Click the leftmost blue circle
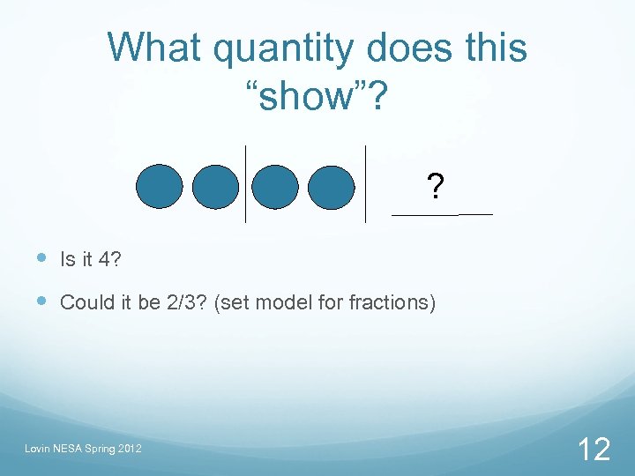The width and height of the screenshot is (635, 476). click(160, 186)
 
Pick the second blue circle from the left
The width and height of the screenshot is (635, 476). click(215, 186)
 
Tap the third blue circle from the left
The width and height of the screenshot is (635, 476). click(275, 186)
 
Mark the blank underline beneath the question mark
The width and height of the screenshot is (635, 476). click(441, 215)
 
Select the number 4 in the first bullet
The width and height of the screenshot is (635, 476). click(105, 259)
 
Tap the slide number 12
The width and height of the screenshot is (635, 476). click(593, 450)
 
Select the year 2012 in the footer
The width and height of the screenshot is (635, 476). click(129, 450)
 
